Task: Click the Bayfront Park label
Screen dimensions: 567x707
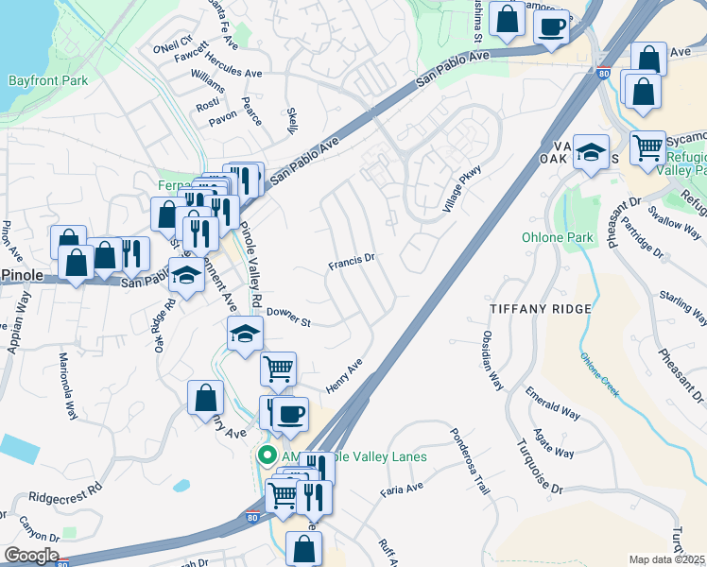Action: pos(48,80)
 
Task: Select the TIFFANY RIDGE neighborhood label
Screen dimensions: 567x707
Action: pos(541,309)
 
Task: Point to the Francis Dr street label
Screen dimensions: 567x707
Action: pos(352,258)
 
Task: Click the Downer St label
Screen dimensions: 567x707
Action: pos(288,318)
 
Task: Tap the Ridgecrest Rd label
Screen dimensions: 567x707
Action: pos(64,492)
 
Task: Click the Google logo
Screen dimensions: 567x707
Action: pos(30,556)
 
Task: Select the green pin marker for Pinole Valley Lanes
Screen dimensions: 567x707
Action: pos(267,455)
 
